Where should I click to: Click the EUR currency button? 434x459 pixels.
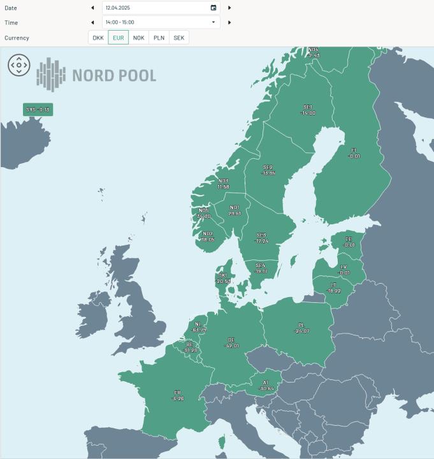click(118, 38)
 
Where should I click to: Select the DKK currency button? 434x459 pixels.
click(98, 38)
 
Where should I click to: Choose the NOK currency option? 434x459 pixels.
click(138, 38)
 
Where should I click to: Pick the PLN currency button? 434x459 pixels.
click(159, 38)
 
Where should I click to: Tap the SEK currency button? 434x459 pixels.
click(179, 38)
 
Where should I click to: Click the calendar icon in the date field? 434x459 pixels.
click(213, 8)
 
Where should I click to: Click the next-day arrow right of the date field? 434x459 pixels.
click(229, 8)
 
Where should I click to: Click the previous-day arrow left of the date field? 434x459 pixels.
click(92, 8)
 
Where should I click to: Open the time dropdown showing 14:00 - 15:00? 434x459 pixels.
click(161, 22)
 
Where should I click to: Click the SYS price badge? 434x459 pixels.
click(38, 110)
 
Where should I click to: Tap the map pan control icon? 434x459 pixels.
click(19, 65)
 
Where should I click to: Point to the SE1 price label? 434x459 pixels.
click(308, 110)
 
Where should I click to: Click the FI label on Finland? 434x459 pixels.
click(354, 153)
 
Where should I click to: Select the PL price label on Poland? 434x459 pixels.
click(302, 328)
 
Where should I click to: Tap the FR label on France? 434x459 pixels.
click(177, 395)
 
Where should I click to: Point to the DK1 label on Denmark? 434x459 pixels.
click(223, 278)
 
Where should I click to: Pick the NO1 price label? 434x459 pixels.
click(235, 210)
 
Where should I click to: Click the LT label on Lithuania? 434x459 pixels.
click(333, 288)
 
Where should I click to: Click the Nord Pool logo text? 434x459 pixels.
click(113, 76)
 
